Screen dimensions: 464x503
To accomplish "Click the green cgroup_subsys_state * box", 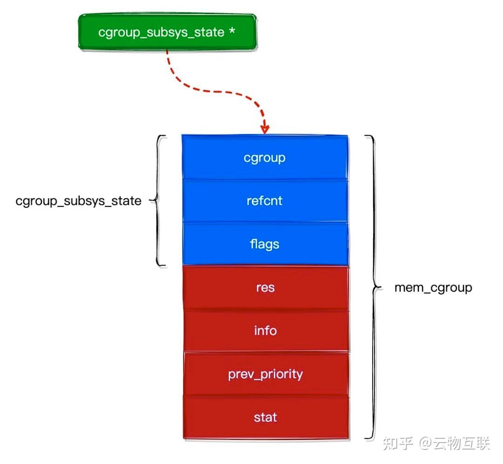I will [167, 32].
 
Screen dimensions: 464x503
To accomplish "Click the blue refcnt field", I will [265, 200].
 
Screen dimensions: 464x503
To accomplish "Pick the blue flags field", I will [265, 243].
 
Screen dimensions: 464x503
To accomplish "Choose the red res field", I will [265, 287].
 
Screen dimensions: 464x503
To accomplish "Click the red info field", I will [265, 330].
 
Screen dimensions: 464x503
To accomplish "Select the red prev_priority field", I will [265, 374].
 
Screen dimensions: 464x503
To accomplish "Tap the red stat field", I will [265, 416].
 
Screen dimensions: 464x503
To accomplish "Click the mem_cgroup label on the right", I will [433, 287].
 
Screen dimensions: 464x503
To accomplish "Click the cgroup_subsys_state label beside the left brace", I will [78, 201].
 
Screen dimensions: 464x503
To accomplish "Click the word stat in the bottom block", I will [265, 416].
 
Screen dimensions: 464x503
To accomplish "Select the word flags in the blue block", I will [265, 244].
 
